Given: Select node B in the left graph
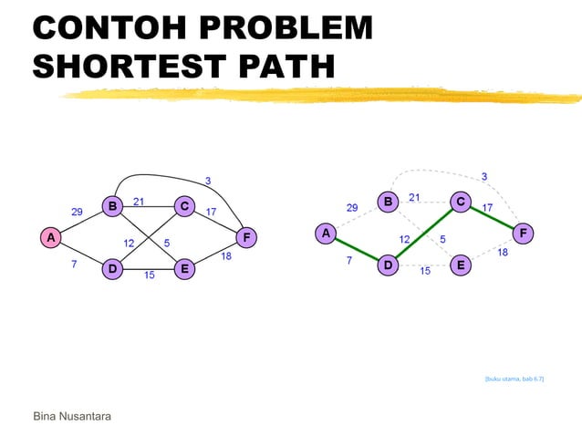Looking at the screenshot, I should click(x=112, y=206).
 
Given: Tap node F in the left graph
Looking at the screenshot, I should click(x=245, y=237).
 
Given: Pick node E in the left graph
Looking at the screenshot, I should click(x=184, y=269).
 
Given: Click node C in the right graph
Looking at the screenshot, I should click(x=461, y=202).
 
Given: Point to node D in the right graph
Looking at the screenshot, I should click(x=389, y=265).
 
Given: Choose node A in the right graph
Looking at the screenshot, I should click(x=325, y=234).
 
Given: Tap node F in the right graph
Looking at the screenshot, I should click(x=523, y=234).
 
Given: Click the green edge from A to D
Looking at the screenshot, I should click(x=357, y=250).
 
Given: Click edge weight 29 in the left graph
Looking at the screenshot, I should click(x=78, y=212).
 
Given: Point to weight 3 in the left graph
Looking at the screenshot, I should click(x=208, y=182).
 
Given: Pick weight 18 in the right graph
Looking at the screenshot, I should click(x=503, y=253).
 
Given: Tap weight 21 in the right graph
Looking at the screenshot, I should click(x=414, y=197).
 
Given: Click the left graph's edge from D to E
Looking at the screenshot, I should click(x=149, y=269).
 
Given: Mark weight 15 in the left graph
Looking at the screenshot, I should click(x=149, y=276).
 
